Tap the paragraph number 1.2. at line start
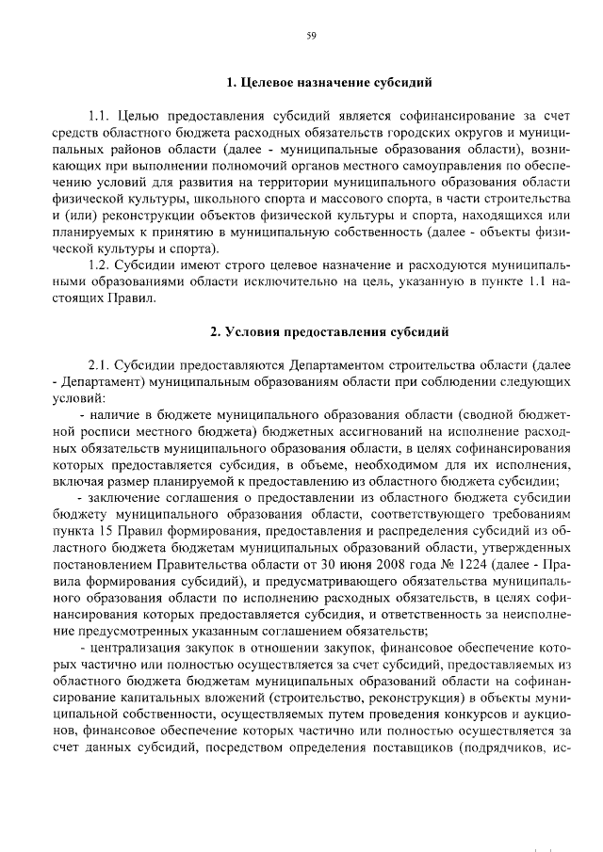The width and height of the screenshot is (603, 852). (x=100, y=264)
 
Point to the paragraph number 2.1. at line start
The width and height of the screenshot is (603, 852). (x=100, y=364)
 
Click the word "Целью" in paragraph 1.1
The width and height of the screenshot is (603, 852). (x=139, y=116)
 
